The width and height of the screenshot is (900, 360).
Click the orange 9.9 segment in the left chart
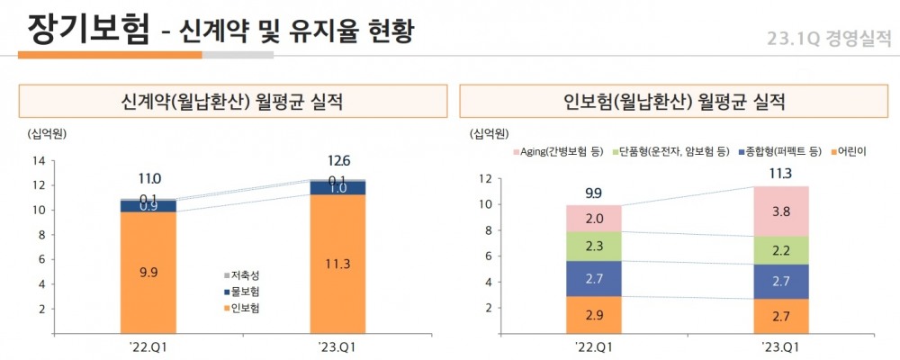148,273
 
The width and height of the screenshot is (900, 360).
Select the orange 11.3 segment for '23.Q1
337,264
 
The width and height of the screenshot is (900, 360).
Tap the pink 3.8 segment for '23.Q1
780,211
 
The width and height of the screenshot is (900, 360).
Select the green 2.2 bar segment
780,250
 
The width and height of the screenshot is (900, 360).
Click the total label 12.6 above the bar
338,161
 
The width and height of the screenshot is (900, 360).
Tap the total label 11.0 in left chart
149,179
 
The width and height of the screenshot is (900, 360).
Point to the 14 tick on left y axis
39,161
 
